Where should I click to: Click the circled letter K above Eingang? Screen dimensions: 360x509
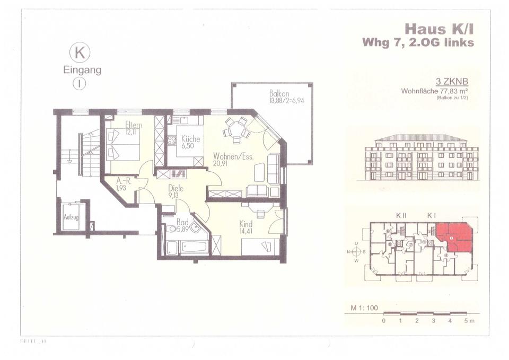click(x=80, y=53)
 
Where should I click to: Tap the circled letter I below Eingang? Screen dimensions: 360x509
click(x=80, y=83)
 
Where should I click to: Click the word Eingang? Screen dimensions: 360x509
click(x=82, y=69)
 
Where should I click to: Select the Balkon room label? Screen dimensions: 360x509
click(x=278, y=94)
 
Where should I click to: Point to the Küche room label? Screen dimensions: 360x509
click(x=190, y=139)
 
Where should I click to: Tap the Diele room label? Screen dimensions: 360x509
click(x=176, y=188)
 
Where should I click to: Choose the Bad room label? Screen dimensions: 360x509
click(x=182, y=222)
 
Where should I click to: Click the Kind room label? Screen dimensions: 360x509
click(x=245, y=224)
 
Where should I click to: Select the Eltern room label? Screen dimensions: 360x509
click(x=134, y=125)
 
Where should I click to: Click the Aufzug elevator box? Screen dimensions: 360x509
click(x=71, y=217)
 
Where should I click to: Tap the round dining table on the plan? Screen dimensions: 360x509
click(x=236, y=129)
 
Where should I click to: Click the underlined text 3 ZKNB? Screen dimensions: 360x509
click(x=451, y=82)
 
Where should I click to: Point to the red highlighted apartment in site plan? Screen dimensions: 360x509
click(x=454, y=235)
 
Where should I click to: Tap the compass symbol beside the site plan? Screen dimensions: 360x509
click(x=357, y=252)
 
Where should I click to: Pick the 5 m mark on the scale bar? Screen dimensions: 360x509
click(x=467, y=321)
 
